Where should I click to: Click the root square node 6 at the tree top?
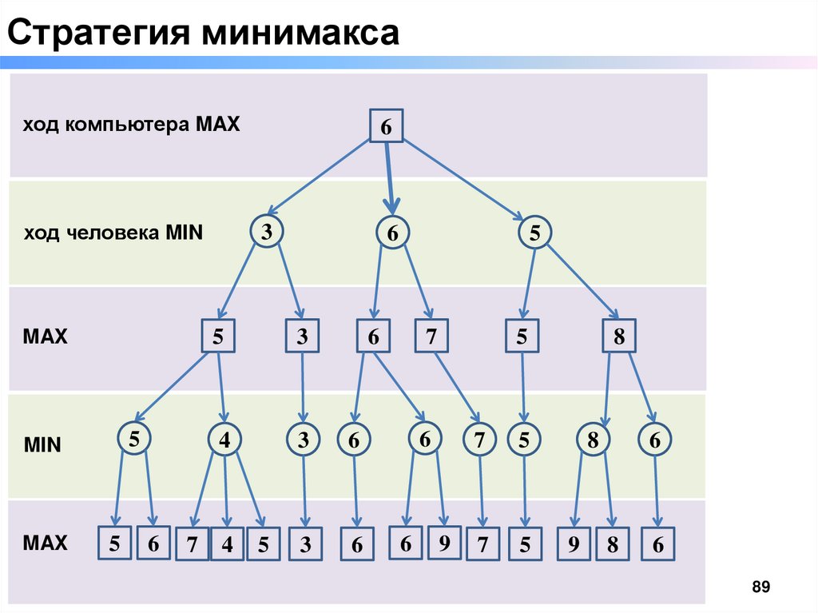386,126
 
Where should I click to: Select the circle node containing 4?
226,440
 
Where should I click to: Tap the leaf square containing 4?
227,545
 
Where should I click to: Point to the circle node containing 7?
479,440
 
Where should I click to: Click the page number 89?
760,588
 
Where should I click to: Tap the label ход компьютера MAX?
131,125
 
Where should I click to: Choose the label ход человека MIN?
113,233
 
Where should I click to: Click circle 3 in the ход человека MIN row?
266,232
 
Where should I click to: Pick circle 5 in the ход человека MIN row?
534,233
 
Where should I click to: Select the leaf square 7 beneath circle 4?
192,545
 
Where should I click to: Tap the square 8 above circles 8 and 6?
618,336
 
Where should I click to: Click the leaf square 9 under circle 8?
574,545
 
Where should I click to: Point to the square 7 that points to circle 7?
431,336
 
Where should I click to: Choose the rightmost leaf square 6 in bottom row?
658,545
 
